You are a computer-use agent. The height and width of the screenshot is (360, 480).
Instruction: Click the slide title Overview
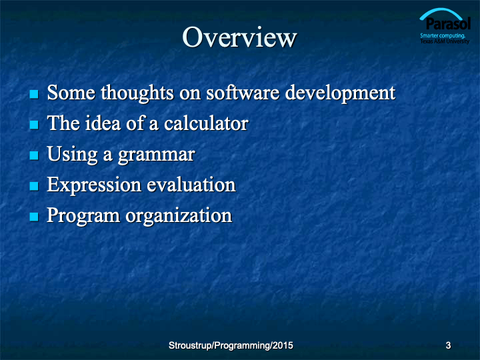(239, 37)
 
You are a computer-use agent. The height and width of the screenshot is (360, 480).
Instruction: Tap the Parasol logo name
(447, 23)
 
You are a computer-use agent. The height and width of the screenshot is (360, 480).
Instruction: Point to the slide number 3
(448, 345)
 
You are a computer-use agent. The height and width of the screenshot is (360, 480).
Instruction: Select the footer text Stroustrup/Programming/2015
(231, 345)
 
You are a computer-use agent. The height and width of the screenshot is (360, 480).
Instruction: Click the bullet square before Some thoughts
(34, 94)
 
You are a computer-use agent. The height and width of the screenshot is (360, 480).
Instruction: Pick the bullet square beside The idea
(34, 125)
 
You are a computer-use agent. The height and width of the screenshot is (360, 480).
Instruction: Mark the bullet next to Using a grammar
(34, 155)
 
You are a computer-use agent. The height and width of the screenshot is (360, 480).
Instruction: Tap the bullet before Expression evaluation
(34, 186)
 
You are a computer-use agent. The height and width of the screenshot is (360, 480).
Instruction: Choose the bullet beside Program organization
(34, 217)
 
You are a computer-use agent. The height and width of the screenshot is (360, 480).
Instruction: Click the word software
(243, 93)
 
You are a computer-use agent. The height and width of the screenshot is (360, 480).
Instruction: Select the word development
(340, 94)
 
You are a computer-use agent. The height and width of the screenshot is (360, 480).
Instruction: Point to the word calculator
(206, 123)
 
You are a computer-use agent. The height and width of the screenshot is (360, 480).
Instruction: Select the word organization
(179, 216)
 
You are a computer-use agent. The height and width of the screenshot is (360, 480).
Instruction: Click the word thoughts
(137, 93)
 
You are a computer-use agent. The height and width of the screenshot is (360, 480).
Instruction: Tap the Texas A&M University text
(445, 41)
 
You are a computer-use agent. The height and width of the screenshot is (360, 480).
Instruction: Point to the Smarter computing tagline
(443, 36)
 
